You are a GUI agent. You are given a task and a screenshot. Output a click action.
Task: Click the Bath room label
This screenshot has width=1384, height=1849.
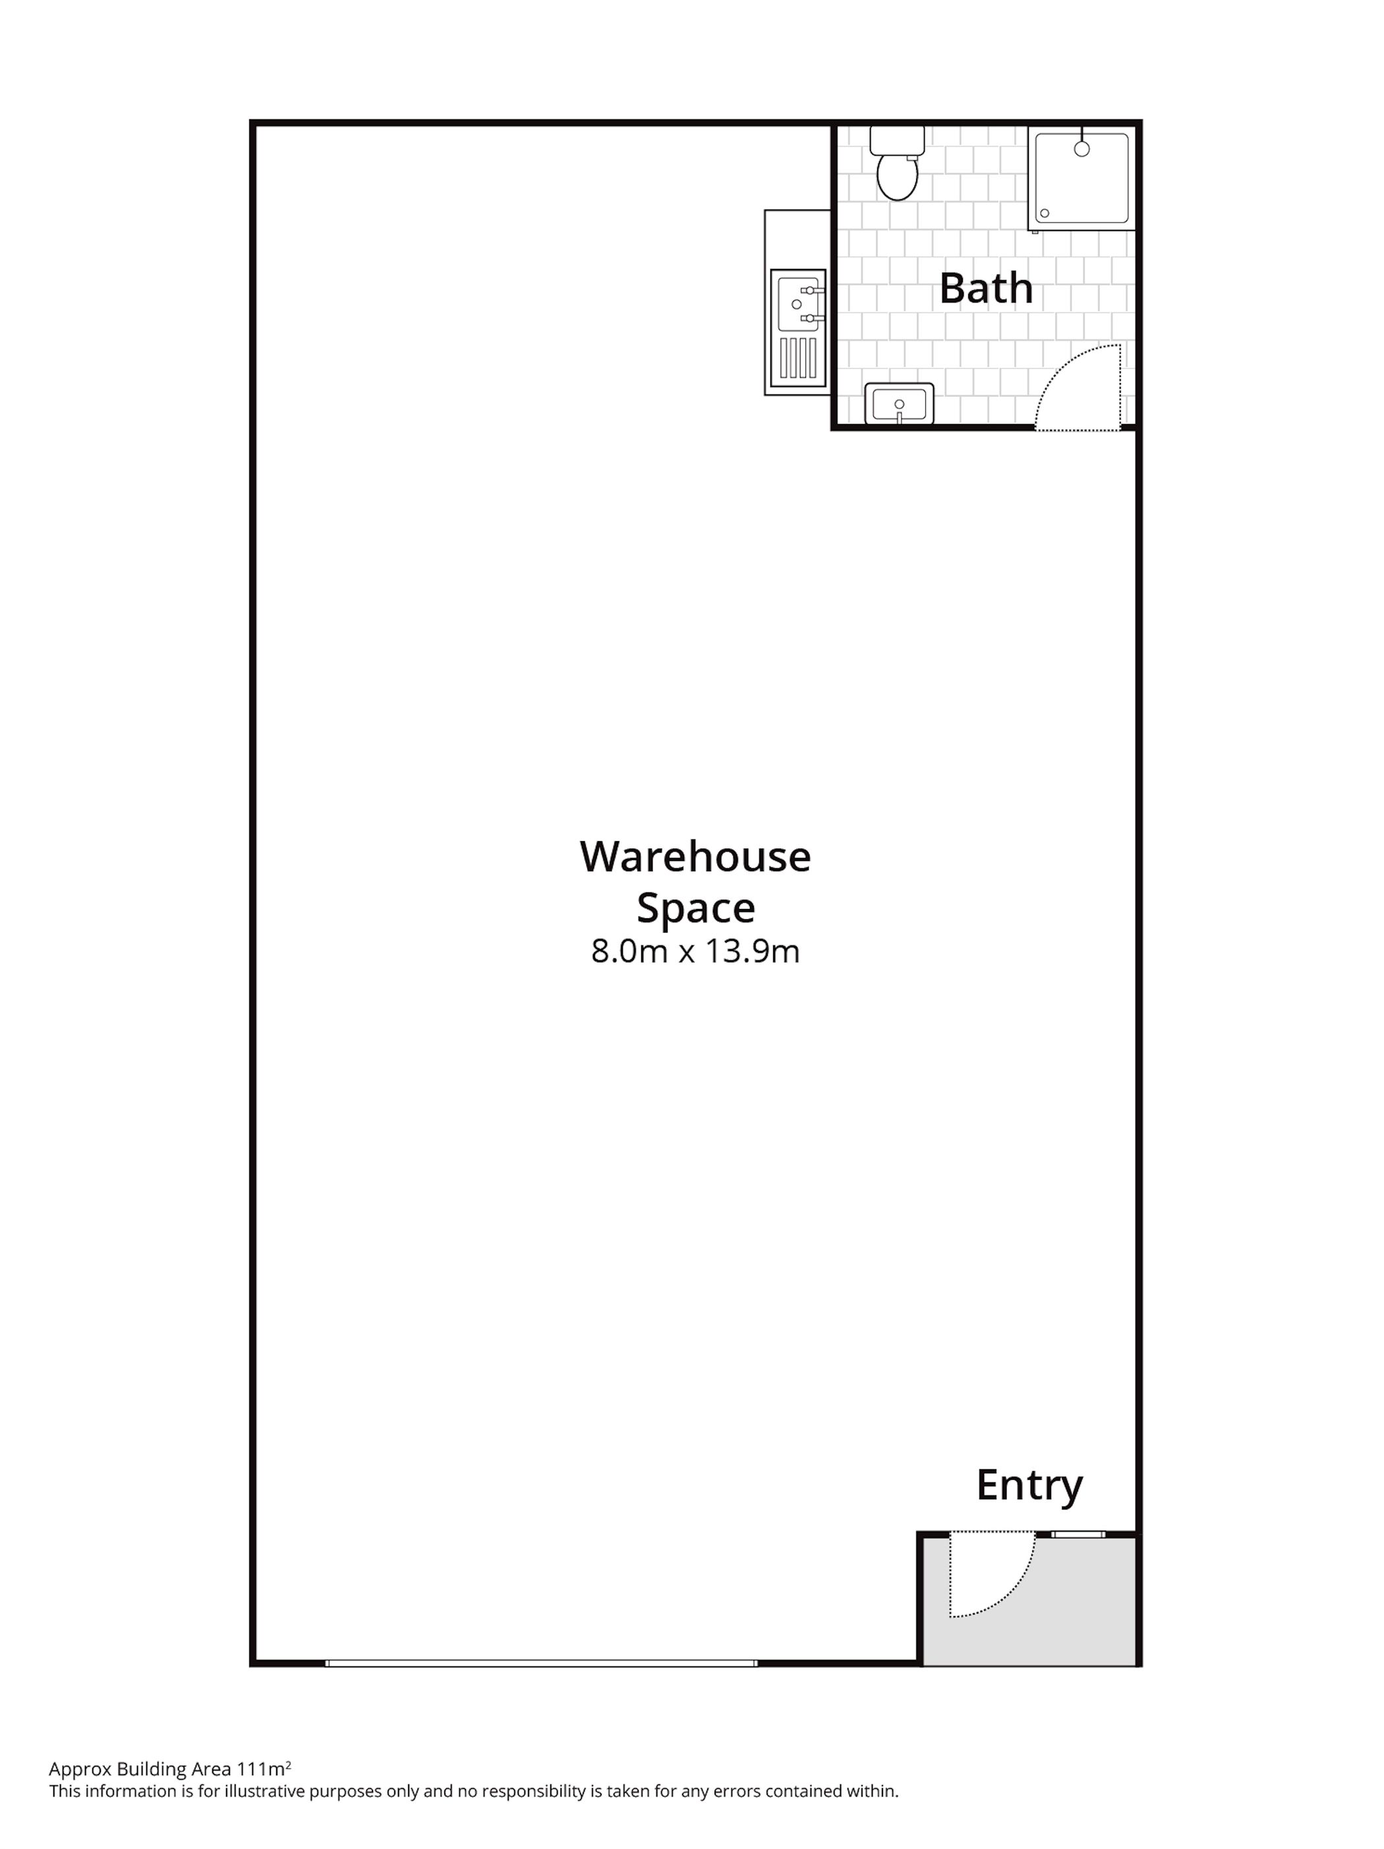[x=985, y=288]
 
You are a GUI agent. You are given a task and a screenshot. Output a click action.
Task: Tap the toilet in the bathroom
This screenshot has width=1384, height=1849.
[x=897, y=164]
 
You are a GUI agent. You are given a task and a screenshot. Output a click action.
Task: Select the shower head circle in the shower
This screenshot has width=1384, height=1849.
[x=1081, y=149]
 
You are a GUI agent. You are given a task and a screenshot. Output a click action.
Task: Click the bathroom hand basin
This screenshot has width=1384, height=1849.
[x=899, y=403]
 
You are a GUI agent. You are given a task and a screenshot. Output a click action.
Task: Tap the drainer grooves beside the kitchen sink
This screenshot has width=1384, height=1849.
[x=799, y=359]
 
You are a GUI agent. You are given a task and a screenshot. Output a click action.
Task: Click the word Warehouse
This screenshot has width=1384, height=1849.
[x=695, y=857]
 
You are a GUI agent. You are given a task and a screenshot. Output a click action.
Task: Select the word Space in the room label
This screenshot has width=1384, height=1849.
[x=695, y=908]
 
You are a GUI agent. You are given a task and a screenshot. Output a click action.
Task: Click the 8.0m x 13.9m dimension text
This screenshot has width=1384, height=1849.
[x=695, y=952]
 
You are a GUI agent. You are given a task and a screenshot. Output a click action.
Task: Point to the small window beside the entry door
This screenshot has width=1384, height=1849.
[x=1078, y=1534]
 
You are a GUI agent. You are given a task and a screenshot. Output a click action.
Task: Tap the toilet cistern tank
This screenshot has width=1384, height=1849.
[x=897, y=140]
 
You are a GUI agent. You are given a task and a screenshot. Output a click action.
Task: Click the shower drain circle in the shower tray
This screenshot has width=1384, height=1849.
[x=1045, y=213]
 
